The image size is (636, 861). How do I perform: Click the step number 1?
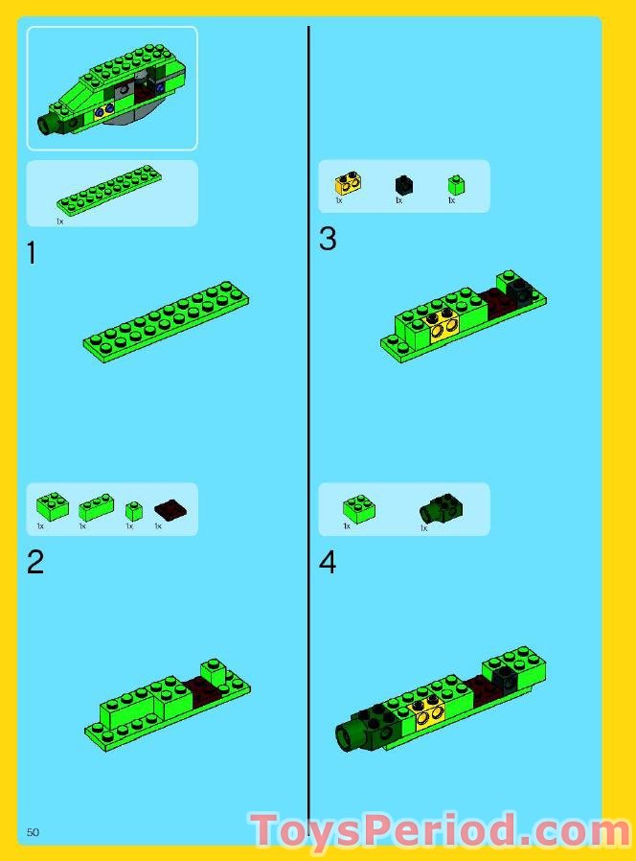[x=32, y=254]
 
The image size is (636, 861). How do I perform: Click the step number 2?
[x=35, y=562]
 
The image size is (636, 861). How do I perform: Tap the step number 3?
[x=328, y=239]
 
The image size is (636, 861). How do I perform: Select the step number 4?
[x=328, y=562]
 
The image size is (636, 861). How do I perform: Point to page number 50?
[x=33, y=832]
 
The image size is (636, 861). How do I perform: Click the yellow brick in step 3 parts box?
[x=347, y=183]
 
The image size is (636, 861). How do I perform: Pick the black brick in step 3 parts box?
[x=403, y=184]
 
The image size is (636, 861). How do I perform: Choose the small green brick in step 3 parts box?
[x=456, y=184]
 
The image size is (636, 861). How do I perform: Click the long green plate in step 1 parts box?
[x=109, y=190]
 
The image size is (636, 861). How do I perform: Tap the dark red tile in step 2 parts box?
[x=170, y=509]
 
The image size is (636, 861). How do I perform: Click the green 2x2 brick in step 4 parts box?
[x=359, y=508]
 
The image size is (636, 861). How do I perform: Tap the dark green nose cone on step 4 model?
[x=351, y=735]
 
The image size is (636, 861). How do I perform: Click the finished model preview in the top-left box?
[x=111, y=88]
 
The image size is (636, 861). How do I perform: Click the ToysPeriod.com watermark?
[x=440, y=831]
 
